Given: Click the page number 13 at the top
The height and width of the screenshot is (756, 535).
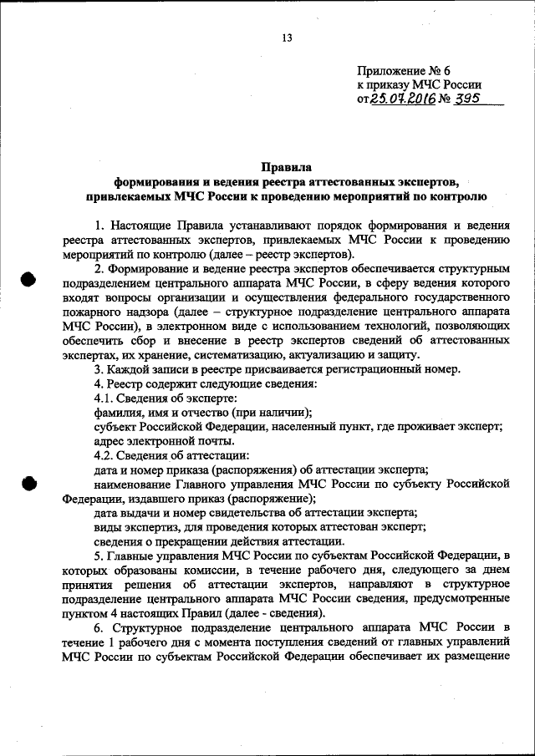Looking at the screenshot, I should click(x=287, y=38).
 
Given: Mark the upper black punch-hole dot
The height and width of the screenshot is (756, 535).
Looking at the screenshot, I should click(x=31, y=280).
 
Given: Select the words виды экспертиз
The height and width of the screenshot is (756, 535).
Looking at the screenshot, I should click(x=132, y=526).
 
